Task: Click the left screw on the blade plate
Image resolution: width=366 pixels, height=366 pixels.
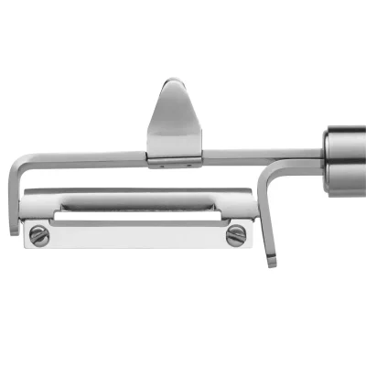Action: tap(38, 235)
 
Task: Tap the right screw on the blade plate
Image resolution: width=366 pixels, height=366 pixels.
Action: tap(235, 235)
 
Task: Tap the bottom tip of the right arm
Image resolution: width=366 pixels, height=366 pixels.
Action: tap(272, 263)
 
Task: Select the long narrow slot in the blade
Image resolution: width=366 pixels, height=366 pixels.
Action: tap(137, 217)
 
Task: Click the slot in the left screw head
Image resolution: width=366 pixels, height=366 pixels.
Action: tap(38, 235)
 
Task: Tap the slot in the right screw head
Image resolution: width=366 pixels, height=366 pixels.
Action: tap(235, 235)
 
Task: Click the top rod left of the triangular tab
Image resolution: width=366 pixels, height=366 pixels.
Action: tap(87, 157)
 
